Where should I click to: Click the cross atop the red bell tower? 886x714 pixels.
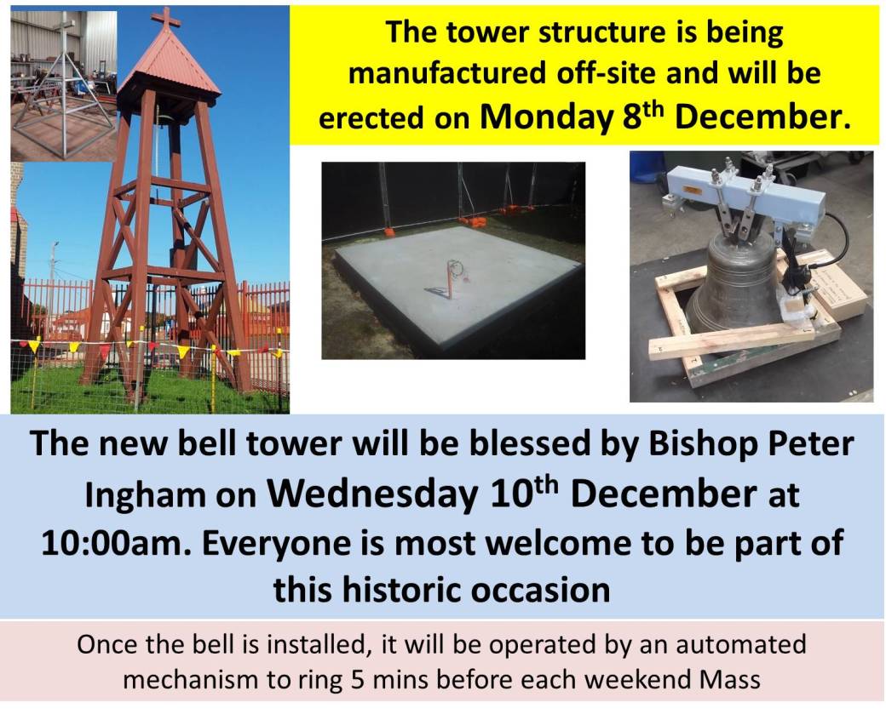[x=166, y=18]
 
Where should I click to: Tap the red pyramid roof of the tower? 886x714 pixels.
[x=170, y=63]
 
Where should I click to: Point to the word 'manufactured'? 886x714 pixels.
[x=447, y=73]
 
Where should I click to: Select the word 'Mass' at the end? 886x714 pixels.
[x=729, y=679]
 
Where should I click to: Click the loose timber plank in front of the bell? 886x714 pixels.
[x=732, y=341]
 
